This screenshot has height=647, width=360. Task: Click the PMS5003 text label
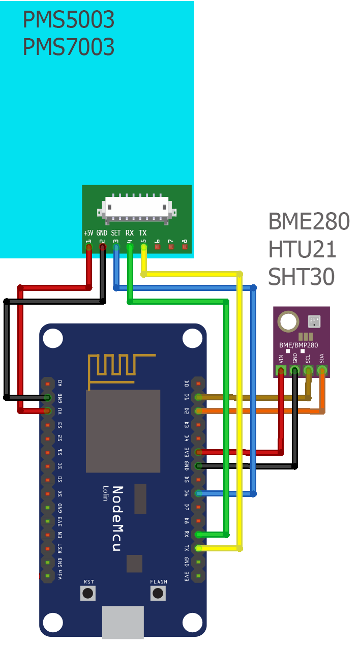click(x=69, y=20)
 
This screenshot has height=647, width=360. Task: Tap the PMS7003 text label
click(x=69, y=47)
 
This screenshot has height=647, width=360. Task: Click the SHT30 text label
click(x=302, y=277)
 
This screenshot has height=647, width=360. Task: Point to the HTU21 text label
click(x=303, y=249)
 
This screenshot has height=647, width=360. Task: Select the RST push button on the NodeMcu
click(x=88, y=593)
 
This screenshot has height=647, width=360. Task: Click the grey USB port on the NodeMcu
click(x=123, y=622)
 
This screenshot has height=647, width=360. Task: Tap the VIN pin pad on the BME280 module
click(x=281, y=371)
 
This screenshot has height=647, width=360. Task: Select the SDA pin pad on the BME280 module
click(x=321, y=371)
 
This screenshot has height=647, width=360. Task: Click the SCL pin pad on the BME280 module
click(x=308, y=371)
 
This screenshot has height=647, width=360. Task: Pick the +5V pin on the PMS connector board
click(x=89, y=247)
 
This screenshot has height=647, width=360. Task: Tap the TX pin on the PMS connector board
click(x=143, y=247)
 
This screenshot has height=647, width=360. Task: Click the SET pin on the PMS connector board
click(x=116, y=247)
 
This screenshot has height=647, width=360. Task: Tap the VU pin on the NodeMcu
click(x=47, y=410)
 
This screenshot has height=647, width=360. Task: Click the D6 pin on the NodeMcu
click(x=199, y=493)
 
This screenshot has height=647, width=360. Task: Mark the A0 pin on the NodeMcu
click(x=47, y=383)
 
